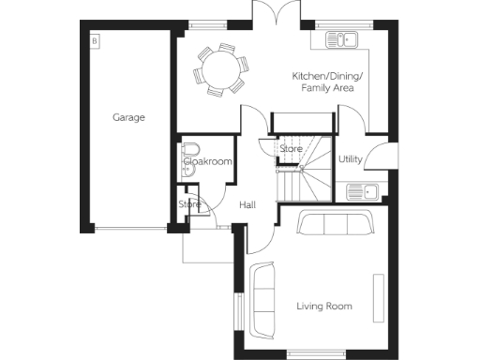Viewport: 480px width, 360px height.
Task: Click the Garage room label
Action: (128, 118)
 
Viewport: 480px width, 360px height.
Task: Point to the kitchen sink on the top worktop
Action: (343, 40)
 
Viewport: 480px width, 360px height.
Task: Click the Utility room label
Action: (351, 160)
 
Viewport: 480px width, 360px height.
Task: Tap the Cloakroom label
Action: (207, 162)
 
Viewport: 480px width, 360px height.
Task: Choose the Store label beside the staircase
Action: (290, 149)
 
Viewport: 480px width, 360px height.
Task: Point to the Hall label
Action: (247, 204)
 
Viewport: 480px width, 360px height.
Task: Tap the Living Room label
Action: (323, 307)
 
